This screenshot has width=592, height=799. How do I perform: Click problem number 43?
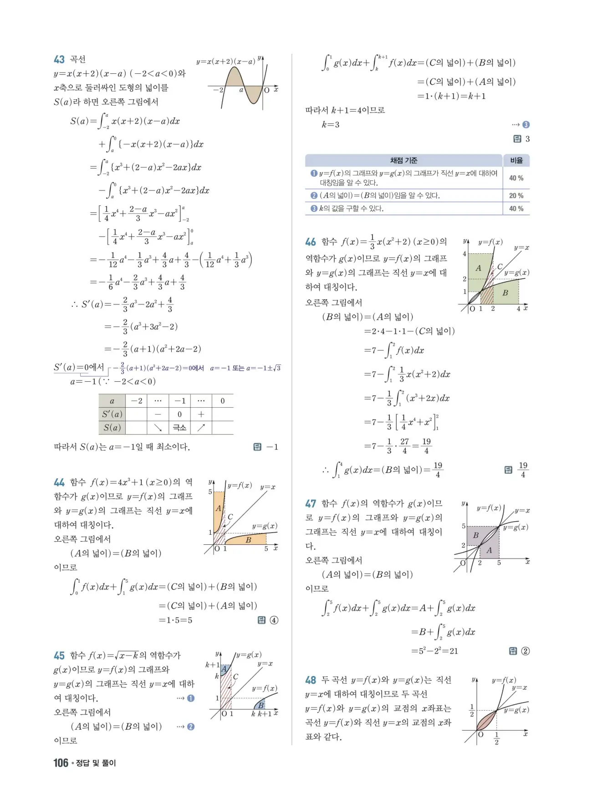[59, 60]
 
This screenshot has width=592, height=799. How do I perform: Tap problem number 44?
[59, 482]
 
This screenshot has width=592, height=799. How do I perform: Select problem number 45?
[59, 656]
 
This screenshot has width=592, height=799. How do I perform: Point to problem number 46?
[311, 242]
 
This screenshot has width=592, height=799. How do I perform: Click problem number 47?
[311, 503]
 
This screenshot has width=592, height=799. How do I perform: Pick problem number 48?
[311, 680]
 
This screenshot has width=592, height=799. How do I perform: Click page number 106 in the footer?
[61, 763]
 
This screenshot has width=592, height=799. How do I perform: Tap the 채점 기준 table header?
[403, 160]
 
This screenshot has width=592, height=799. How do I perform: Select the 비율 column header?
[516, 160]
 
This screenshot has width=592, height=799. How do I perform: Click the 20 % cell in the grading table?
[516, 195]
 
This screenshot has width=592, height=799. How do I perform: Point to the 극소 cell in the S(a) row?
[179, 427]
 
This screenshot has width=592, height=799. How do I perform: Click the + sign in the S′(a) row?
[201, 414]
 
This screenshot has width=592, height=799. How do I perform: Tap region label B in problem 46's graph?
[505, 293]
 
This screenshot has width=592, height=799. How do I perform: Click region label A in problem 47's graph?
[489, 550]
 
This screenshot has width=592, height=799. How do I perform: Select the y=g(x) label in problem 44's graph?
[265, 526]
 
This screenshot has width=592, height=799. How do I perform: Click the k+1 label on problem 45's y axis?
[212, 665]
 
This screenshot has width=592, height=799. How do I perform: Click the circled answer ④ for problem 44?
[274, 620]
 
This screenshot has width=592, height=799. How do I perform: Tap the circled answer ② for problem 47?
[525, 651]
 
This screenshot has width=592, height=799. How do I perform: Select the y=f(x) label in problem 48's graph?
[504, 680]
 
